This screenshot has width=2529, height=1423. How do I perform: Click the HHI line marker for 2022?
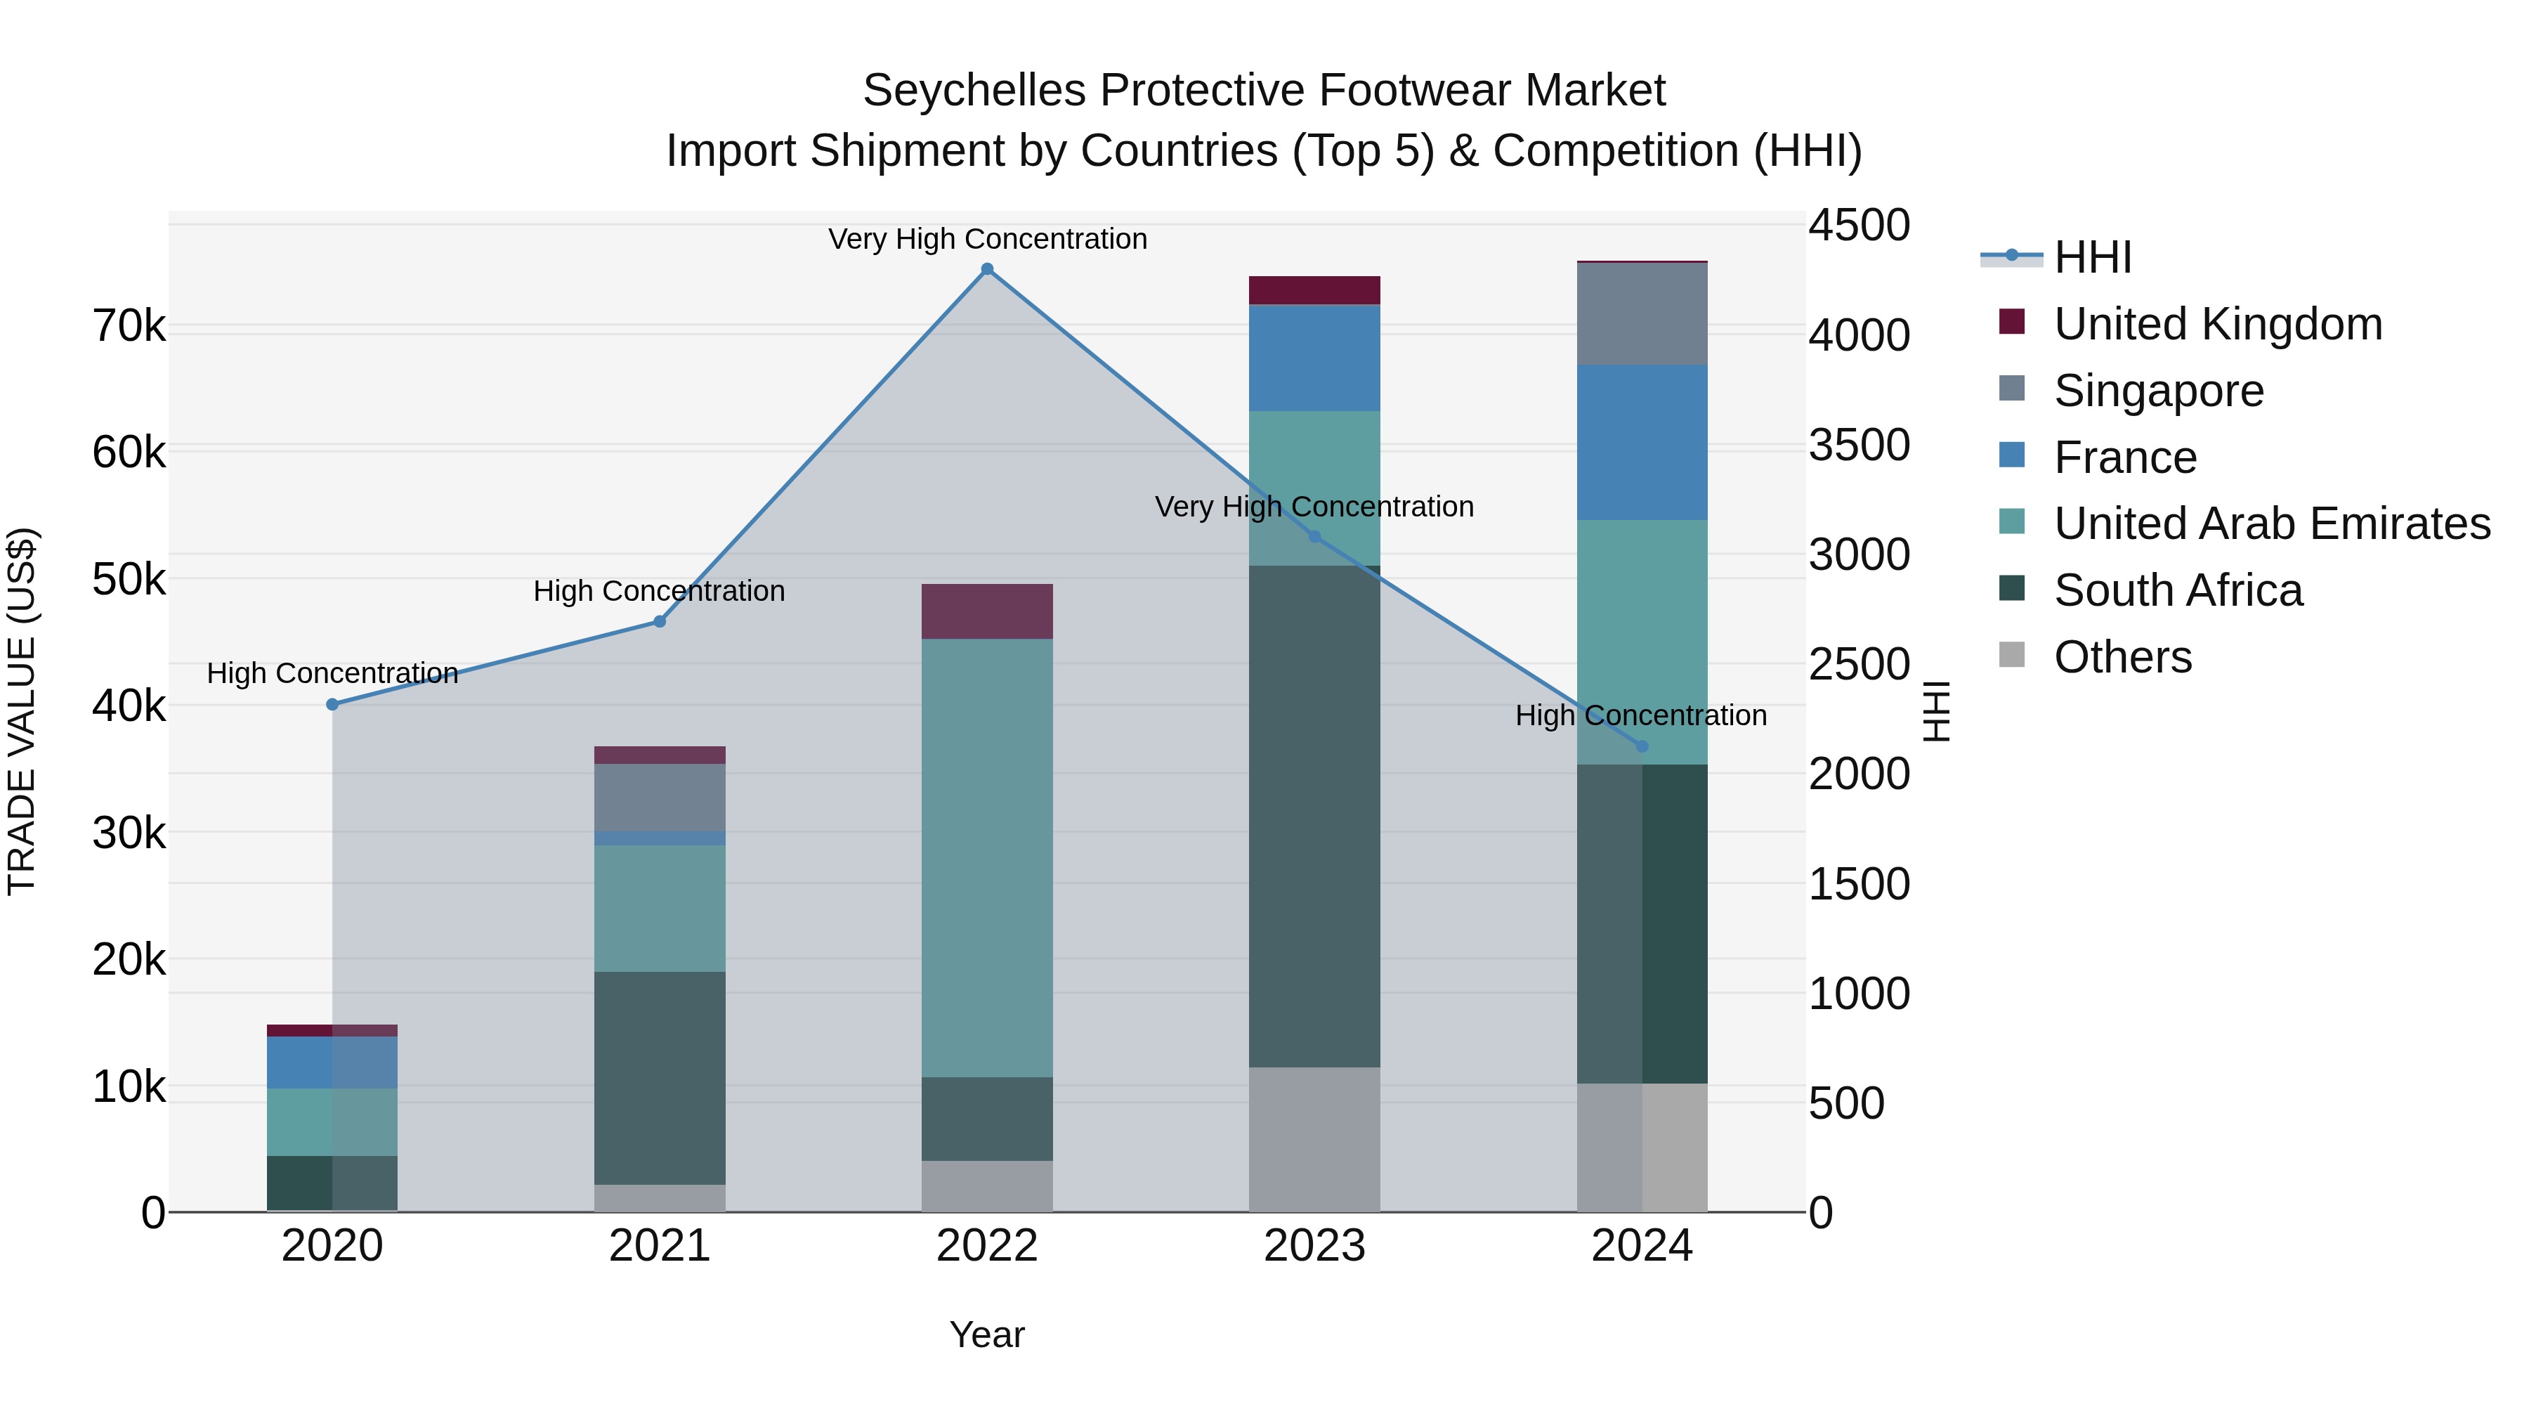click(988, 269)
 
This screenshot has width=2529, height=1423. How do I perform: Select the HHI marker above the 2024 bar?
click(1642, 746)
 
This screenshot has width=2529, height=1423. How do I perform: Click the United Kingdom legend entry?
click(2217, 324)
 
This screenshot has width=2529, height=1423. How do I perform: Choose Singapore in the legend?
click(2158, 391)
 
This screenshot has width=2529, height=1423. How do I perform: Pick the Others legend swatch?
click(2012, 655)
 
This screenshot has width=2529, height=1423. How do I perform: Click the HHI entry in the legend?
click(2091, 257)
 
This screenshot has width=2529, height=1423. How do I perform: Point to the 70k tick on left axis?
click(129, 326)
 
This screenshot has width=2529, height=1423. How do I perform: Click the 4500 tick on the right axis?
click(1858, 225)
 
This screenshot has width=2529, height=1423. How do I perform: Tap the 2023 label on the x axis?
click(1314, 1246)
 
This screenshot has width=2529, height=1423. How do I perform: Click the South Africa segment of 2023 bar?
click(1314, 815)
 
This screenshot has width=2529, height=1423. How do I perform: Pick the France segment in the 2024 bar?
click(1642, 442)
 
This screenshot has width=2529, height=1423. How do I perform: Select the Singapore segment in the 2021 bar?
click(660, 798)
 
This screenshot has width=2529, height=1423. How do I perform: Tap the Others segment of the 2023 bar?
click(1314, 1139)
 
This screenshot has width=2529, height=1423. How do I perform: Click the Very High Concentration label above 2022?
click(988, 239)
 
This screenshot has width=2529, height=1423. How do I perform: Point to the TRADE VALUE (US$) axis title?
click(22, 711)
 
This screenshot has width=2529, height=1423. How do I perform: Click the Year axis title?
click(987, 1334)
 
